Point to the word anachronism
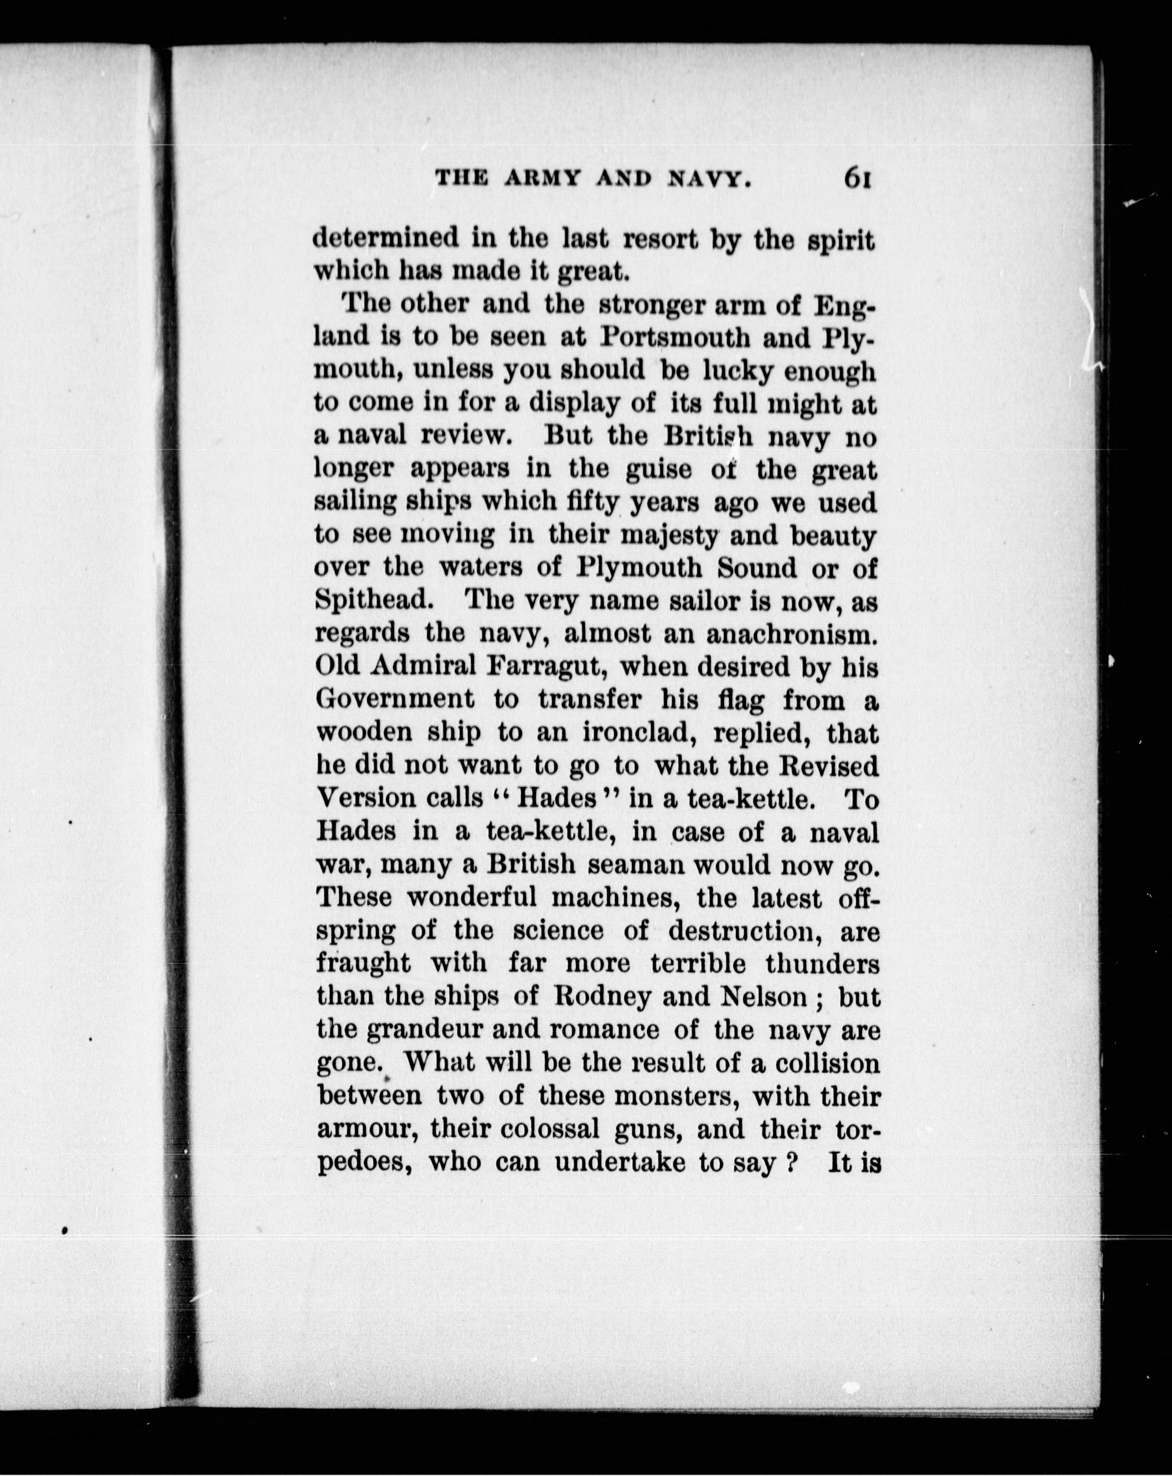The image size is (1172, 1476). pos(791,633)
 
